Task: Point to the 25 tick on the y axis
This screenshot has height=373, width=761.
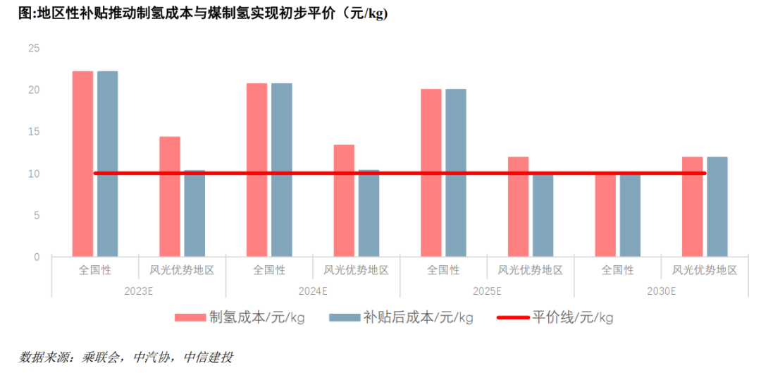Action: tap(34, 49)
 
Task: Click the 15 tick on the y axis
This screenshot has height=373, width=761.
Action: tap(34, 132)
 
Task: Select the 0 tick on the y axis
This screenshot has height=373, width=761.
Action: tap(37, 257)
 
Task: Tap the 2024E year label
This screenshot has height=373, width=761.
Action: tap(313, 291)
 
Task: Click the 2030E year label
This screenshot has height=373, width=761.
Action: tap(662, 291)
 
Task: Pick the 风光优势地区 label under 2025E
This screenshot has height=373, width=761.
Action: tap(531, 270)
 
